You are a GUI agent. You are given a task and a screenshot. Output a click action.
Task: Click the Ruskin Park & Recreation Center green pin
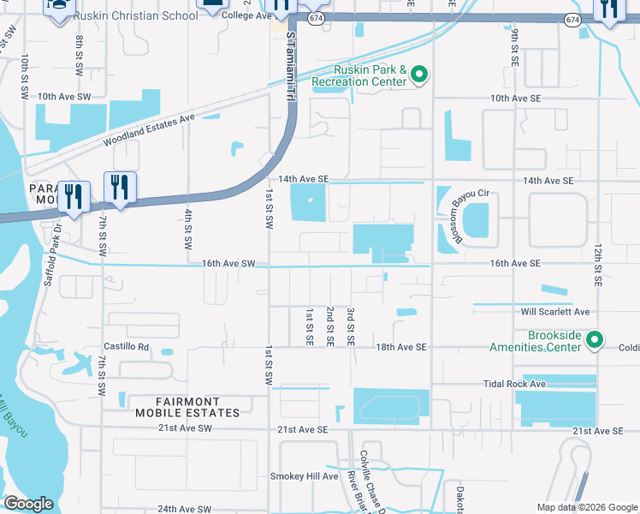pyautogui.click(x=418, y=76)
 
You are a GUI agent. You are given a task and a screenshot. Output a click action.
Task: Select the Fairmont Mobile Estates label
pyautogui.click(x=186, y=407)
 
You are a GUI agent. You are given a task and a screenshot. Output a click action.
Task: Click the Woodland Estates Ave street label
pyautogui.click(x=150, y=130)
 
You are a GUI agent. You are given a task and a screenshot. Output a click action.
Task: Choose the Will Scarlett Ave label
pyautogui.click(x=560, y=311)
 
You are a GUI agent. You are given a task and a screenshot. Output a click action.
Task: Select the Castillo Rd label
pyautogui.click(x=127, y=347)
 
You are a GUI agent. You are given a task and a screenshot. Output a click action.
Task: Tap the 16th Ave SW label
pyautogui.click(x=229, y=264)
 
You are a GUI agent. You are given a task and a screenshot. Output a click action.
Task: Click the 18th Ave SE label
pyautogui.click(x=401, y=347)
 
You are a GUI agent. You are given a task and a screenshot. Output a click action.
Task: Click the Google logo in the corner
pyautogui.click(x=28, y=504)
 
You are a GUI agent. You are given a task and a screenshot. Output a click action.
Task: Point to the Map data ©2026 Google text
pyautogui.click(x=586, y=507)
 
